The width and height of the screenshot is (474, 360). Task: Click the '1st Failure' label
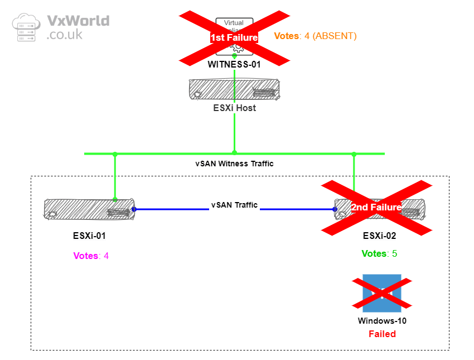(234, 37)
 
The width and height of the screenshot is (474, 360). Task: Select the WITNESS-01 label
(234, 64)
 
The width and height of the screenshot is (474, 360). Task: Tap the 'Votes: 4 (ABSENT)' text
(315, 36)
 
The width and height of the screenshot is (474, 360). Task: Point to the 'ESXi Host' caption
(234, 108)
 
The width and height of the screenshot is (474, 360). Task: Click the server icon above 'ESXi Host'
(234, 89)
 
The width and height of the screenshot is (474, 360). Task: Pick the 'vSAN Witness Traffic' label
(234, 164)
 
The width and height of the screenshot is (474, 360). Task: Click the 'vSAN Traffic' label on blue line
(234, 205)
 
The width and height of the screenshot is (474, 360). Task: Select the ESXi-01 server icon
(89, 209)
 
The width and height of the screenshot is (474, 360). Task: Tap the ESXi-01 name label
(89, 236)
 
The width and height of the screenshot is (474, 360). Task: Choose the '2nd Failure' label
(376, 207)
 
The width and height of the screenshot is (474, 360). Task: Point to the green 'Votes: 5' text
(379, 253)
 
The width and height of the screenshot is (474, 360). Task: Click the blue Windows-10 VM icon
(382, 293)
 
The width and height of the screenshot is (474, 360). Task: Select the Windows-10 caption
(382, 321)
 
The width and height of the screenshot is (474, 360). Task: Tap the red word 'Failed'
(382, 334)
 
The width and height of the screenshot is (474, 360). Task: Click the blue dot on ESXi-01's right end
(134, 209)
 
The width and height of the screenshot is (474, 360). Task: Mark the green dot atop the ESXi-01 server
(115, 199)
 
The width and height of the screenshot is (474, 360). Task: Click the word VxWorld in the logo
(78, 21)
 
